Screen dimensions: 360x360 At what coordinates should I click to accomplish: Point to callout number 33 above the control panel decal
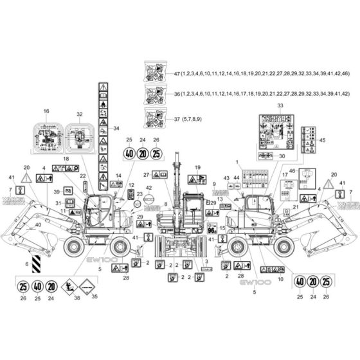coord(280,105)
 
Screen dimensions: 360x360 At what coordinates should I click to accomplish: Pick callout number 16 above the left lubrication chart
coord(46,111)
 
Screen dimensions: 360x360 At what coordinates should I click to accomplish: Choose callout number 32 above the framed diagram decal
coord(80,114)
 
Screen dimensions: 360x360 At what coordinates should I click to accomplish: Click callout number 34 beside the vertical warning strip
coord(116,129)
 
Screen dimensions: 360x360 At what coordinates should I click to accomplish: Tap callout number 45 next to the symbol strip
coord(323,140)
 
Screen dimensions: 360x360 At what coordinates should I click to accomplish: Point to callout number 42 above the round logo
coord(148,188)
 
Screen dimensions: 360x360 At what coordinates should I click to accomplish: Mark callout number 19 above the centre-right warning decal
coord(197,167)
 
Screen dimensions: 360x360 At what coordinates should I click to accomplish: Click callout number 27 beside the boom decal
coord(147,175)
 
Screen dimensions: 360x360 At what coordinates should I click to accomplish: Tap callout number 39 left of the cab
coord(57,192)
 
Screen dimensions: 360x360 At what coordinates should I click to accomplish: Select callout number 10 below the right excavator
coord(280,279)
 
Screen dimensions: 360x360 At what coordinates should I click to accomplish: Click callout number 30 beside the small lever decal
coord(280,156)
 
